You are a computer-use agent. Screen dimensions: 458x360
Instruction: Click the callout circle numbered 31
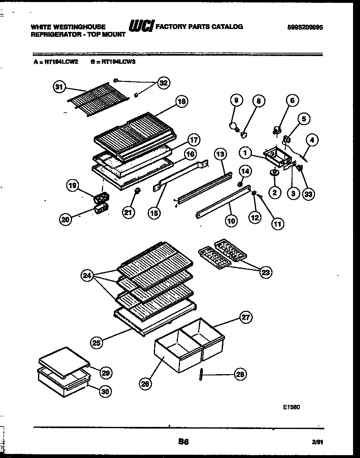60,87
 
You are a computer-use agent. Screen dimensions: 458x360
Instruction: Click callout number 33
308,194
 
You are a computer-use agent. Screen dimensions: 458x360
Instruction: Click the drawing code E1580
291,407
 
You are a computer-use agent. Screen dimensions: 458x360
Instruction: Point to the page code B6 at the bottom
183,442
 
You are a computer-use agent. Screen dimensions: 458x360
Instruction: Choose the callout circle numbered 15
155,213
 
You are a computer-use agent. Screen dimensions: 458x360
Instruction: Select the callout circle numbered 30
106,391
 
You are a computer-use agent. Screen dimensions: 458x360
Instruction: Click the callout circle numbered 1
245,153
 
